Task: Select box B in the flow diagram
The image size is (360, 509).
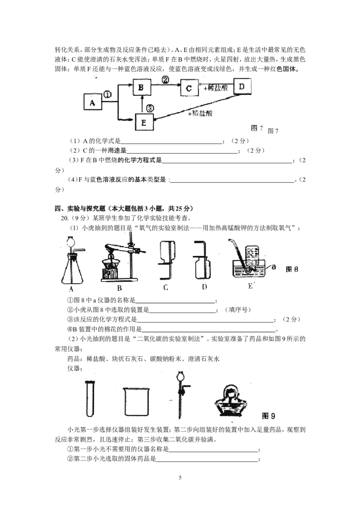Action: (x=141, y=88)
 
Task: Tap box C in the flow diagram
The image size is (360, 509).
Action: (x=189, y=88)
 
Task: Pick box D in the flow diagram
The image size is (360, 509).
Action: (x=242, y=87)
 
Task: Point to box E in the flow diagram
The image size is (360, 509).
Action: (x=144, y=121)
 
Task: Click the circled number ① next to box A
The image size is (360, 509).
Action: (x=107, y=94)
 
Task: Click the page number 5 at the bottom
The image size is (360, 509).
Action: (x=180, y=478)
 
